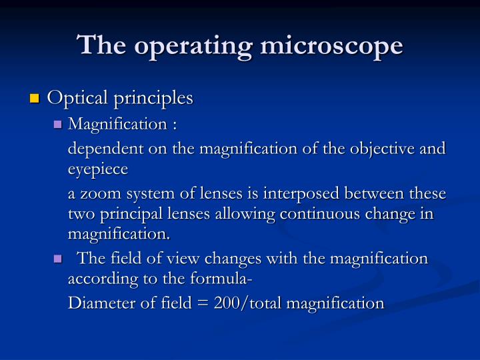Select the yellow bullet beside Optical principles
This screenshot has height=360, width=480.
point(35,99)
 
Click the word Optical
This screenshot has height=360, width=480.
point(73,99)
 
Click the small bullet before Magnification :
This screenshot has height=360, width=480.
point(58,124)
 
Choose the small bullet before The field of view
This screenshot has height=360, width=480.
point(58,259)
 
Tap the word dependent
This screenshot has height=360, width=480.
point(101,148)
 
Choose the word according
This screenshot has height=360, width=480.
point(101,279)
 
